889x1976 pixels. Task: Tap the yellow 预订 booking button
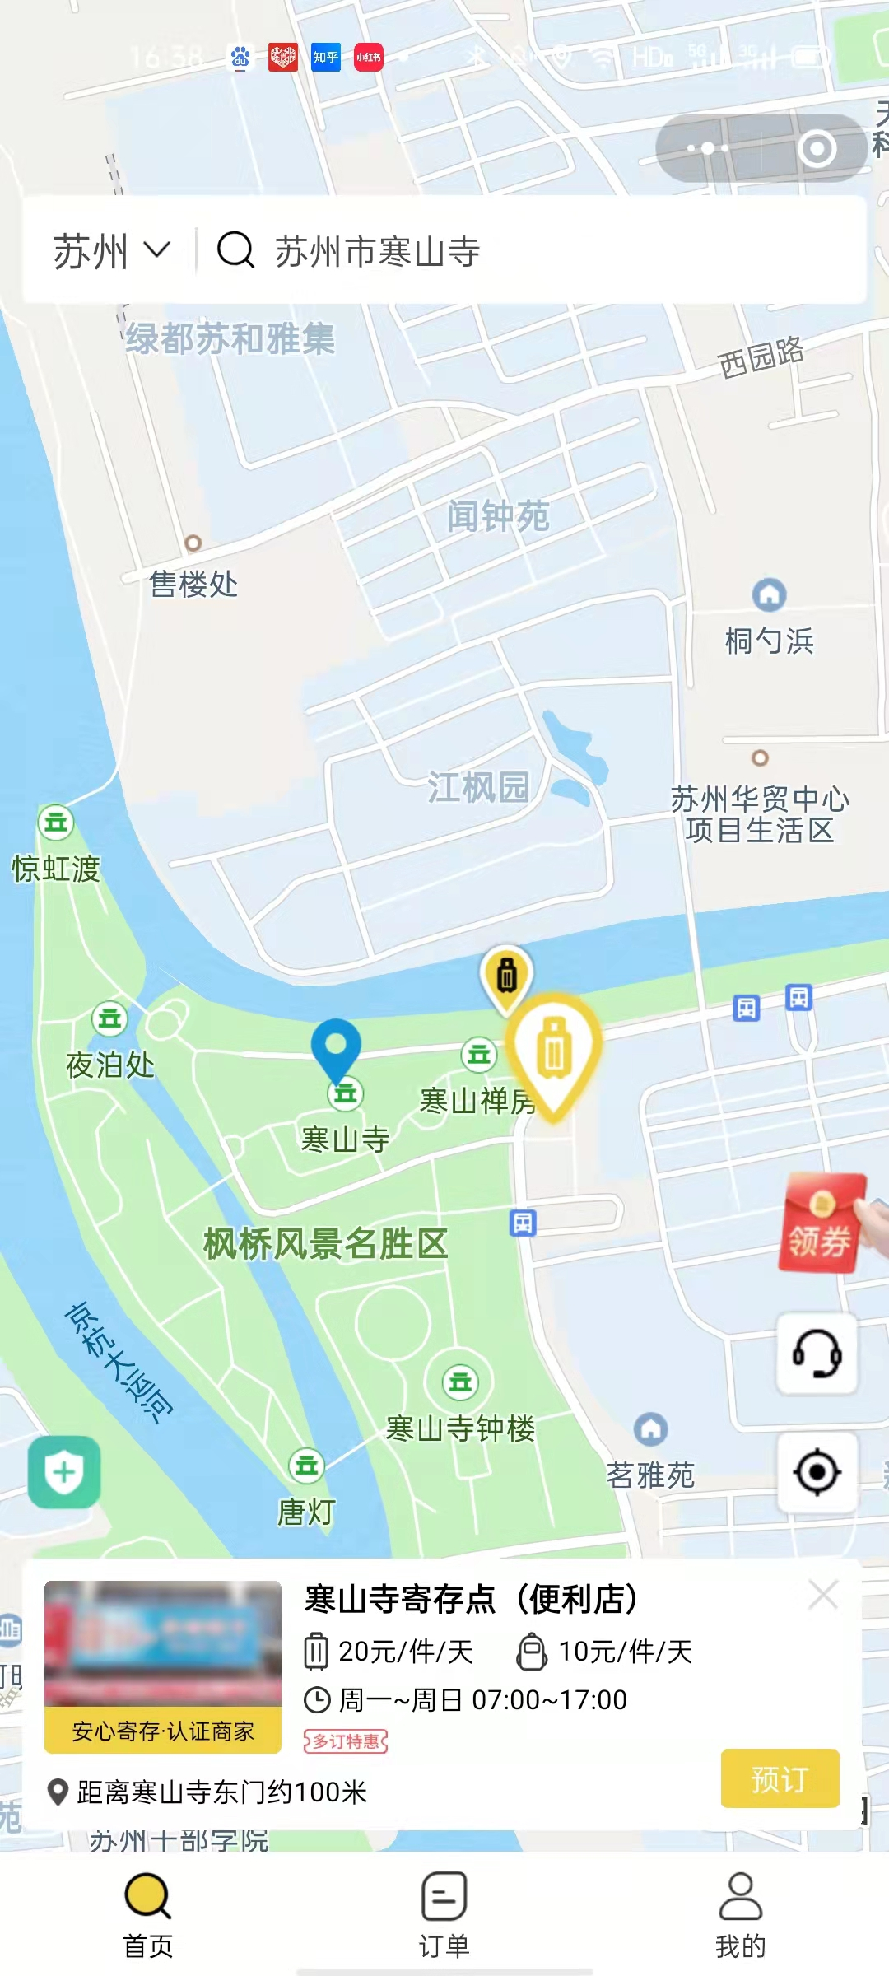pyautogui.click(x=780, y=1778)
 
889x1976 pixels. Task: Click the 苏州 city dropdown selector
pyautogui.click(x=111, y=250)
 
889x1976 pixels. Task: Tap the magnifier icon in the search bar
pyautogui.click(x=235, y=249)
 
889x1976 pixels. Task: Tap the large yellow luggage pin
pyautogui.click(x=554, y=1051)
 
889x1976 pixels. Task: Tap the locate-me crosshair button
pyautogui.click(x=817, y=1472)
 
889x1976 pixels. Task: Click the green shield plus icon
pyautogui.click(x=64, y=1472)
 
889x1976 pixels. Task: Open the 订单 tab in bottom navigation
pyautogui.click(x=444, y=1914)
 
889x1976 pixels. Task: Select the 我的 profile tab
pyautogui.click(x=740, y=1914)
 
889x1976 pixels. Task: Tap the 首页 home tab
pyautogui.click(x=148, y=1914)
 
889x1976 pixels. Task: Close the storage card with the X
pyautogui.click(x=823, y=1596)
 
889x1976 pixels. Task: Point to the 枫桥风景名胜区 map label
pyautogui.click(x=325, y=1244)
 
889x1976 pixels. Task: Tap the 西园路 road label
pyautogui.click(x=761, y=357)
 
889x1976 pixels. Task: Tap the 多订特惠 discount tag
pyautogui.click(x=346, y=1741)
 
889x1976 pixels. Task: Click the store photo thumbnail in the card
pyautogui.click(x=163, y=1643)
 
